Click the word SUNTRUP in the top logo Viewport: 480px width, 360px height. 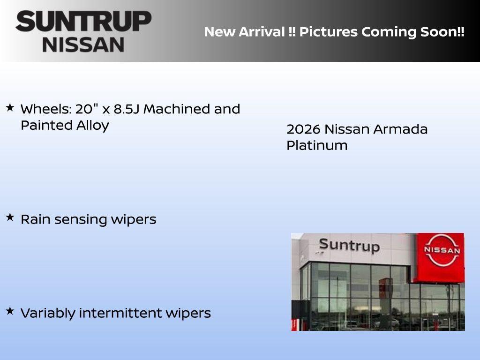(83, 21)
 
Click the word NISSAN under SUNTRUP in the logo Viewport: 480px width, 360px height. (83, 44)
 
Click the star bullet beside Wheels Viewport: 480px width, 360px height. (10, 108)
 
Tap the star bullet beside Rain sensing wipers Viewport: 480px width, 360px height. (10, 217)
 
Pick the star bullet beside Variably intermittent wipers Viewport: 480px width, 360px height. (10, 311)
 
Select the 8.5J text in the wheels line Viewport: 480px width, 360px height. (126, 109)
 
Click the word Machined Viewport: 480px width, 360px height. (177, 109)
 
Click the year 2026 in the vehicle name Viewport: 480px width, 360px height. (303, 129)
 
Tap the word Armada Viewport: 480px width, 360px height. (402, 129)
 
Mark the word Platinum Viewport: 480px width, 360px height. (317, 146)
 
